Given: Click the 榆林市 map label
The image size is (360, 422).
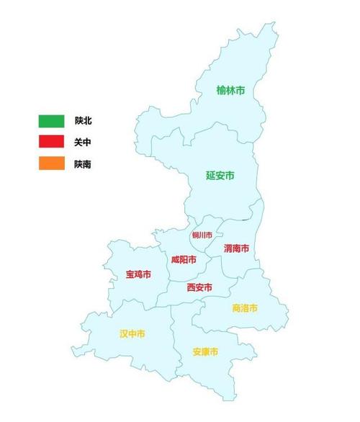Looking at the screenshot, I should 230,91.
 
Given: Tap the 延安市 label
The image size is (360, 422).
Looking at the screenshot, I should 220,175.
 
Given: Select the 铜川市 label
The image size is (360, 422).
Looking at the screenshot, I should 202,235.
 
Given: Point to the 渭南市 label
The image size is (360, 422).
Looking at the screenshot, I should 236,248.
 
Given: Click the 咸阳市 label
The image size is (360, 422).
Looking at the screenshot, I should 184,259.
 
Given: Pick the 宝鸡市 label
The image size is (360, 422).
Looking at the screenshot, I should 138,274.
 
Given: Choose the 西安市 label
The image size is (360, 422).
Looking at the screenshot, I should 199,287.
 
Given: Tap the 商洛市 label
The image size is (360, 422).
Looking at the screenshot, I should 245,308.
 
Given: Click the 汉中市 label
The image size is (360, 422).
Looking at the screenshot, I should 132,334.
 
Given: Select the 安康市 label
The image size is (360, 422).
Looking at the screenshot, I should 205,352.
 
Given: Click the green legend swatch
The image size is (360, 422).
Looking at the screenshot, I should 52,120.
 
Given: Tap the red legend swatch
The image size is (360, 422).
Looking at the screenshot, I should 52,143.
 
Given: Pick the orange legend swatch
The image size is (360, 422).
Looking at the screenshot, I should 52,164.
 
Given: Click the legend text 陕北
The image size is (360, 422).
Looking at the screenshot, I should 83,120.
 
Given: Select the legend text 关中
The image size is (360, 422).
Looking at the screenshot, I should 83,143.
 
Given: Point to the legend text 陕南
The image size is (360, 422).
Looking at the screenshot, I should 83,164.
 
